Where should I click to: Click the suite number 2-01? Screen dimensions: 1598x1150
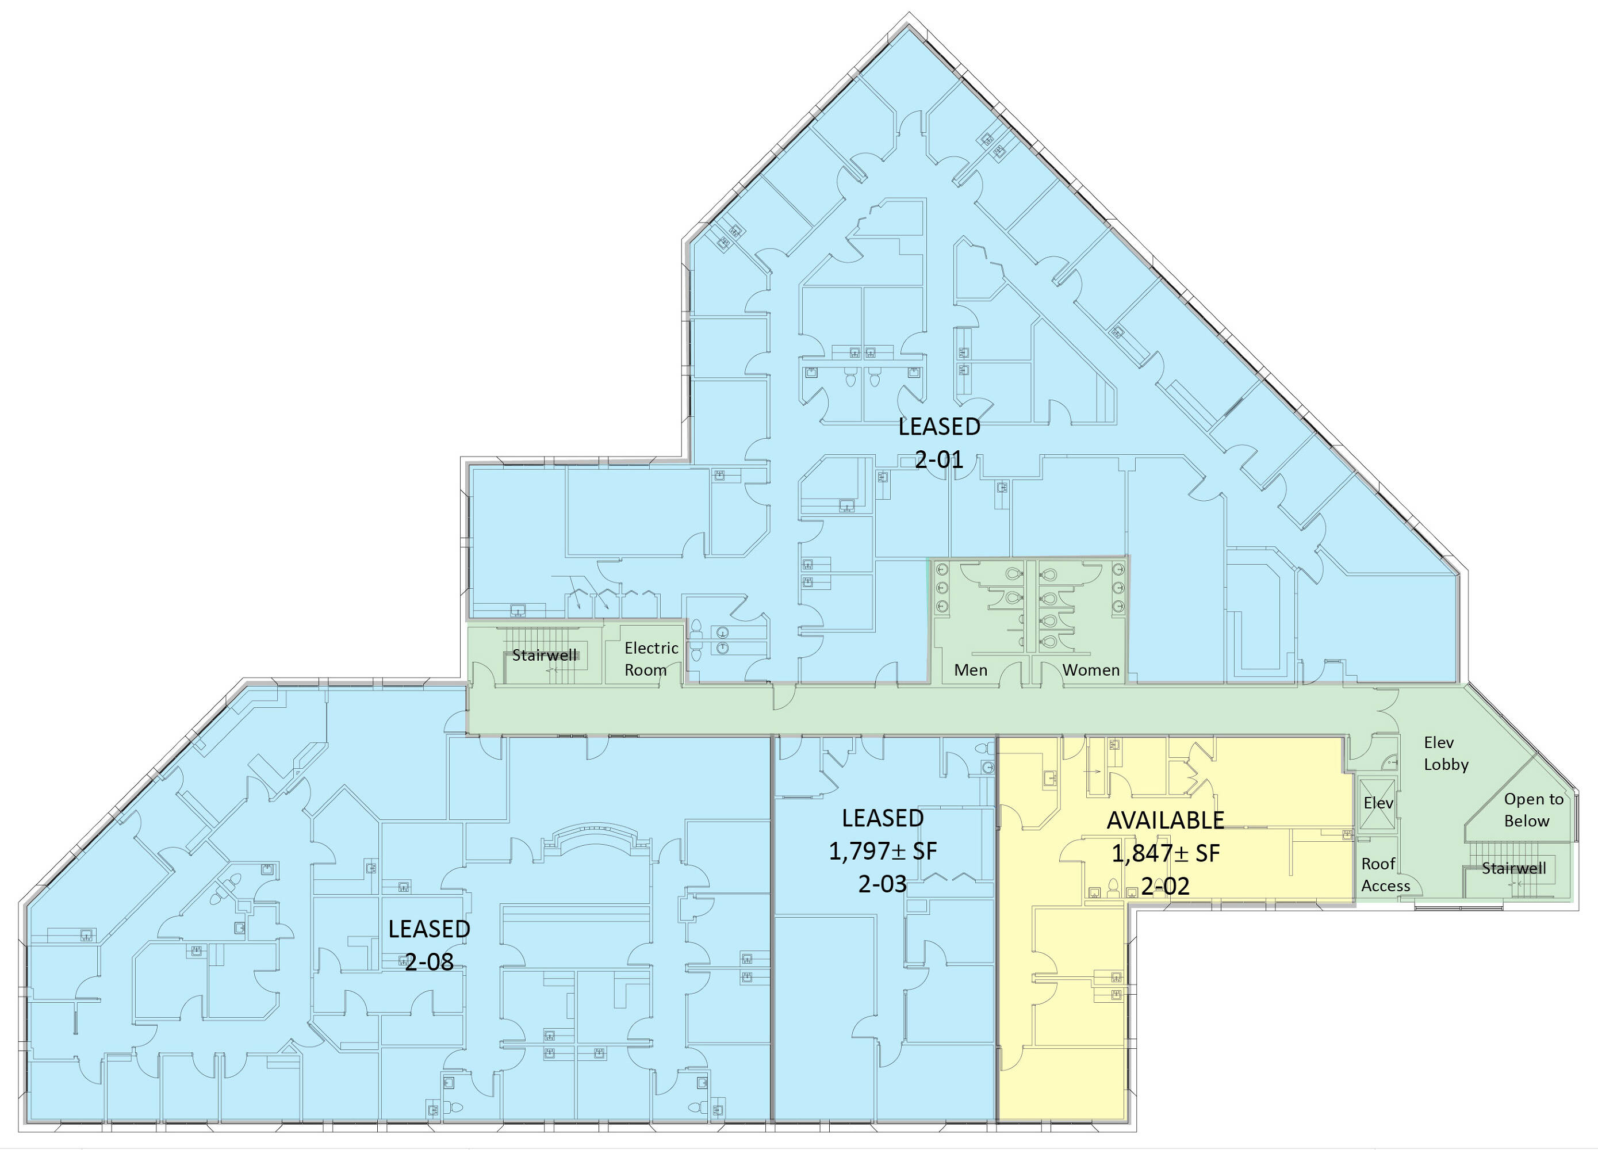click(x=938, y=459)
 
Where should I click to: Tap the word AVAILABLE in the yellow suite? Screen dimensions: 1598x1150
click(x=1166, y=820)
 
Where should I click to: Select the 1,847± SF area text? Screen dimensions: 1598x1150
click(x=1166, y=853)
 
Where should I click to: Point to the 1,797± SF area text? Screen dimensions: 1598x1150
click(x=883, y=851)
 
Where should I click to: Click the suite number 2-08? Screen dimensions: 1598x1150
click(x=429, y=961)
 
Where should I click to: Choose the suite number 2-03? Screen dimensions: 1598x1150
click(x=882, y=884)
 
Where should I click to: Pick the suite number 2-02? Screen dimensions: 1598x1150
click(x=1166, y=885)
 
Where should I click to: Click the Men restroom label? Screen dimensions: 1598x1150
click(x=970, y=670)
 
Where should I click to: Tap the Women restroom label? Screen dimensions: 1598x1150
click(x=1091, y=670)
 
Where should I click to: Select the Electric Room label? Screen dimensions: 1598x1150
click(x=651, y=659)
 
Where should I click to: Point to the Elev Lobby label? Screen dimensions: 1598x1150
click(x=1446, y=753)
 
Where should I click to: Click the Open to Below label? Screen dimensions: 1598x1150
click(x=1534, y=810)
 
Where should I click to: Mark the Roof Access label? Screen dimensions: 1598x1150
click(x=1385, y=875)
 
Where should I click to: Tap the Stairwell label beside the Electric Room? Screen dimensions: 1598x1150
click(x=544, y=655)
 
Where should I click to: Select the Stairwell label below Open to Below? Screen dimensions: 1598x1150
click(x=1513, y=868)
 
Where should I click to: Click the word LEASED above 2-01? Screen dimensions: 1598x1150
click(x=939, y=426)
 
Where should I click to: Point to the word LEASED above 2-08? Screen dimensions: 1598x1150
click(x=429, y=929)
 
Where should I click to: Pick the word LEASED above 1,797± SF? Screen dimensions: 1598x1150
click(x=883, y=818)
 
